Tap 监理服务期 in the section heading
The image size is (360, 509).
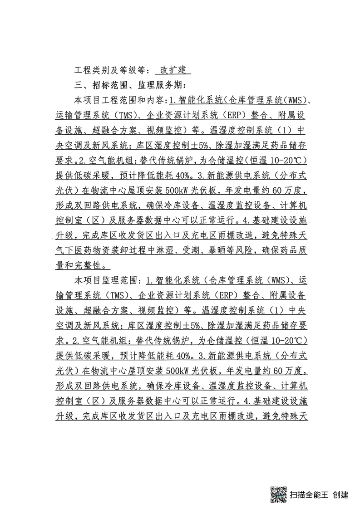[x=159, y=85]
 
